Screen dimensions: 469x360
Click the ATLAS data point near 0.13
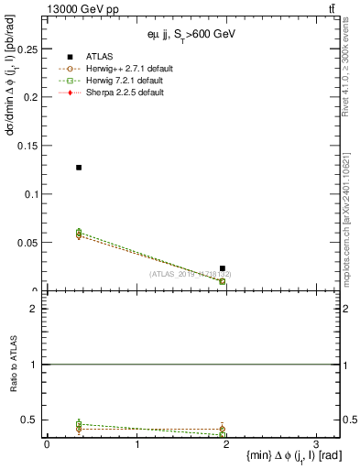[79, 168]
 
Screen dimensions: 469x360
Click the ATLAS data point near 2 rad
[223, 268]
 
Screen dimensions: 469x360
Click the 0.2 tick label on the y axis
[30, 96]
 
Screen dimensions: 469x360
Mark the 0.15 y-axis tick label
[27, 145]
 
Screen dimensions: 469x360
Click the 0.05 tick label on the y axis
[27, 243]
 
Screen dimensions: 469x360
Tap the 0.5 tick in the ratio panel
[30, 420]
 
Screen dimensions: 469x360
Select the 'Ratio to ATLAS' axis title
[14, 365]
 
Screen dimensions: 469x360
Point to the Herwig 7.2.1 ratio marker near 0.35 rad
[79, 424]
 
